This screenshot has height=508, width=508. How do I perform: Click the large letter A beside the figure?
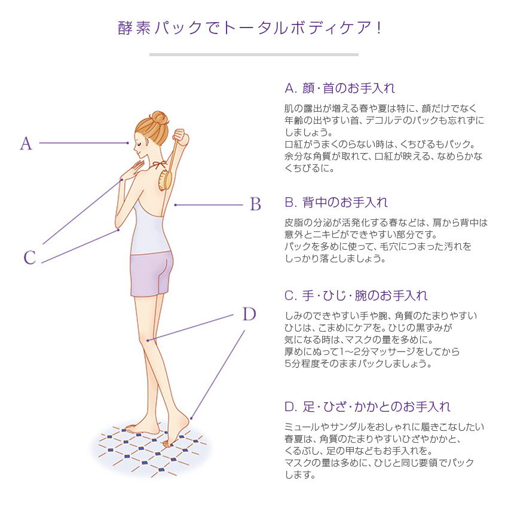click(x=26, y=143)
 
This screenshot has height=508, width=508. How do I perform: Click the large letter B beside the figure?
click(x=255, y=204)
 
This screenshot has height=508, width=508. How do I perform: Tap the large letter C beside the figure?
click(x=30, y=258)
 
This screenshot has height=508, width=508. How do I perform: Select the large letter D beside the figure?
click(x=249, y=314)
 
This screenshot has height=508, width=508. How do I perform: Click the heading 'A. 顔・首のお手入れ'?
click(x=340, y=88)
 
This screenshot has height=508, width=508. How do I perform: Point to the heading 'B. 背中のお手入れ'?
click(x=336, y=202)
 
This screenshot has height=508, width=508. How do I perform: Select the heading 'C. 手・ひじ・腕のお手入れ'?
click(x=356, y=295)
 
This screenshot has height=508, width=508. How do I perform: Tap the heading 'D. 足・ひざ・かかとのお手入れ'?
click(x=368, y=406)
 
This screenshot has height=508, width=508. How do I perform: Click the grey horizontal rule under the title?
click(x=253, y=55)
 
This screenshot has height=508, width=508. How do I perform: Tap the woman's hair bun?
click(x=160, y=118)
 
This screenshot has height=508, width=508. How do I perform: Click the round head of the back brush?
click(x=165, y=180)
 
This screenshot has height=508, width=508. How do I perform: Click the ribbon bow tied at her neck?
click(x=159, y=165)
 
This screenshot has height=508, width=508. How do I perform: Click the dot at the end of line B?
click(x=175, y=205)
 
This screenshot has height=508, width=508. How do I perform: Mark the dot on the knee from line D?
click(x=148, y=340)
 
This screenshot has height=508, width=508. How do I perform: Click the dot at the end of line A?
click(x=128, y=143)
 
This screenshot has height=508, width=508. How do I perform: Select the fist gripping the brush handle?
click(x=180, y=137)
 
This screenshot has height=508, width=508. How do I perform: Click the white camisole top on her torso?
click(x=150, y=228)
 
